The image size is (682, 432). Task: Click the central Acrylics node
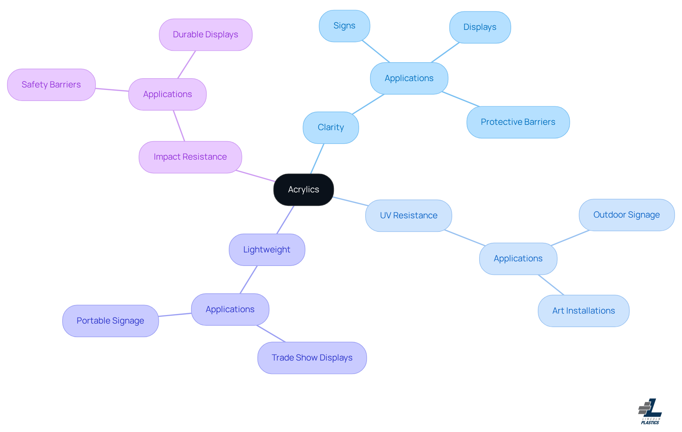(x=303, y=190)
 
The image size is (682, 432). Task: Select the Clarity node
(x=331, y=128)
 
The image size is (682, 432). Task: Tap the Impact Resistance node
(x=190, y=157)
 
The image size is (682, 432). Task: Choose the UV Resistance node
(x=408, y=215)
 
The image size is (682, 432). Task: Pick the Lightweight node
(x=267, y=250)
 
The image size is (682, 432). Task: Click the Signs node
(x=344, y=26)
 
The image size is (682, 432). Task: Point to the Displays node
(x=480, y=27)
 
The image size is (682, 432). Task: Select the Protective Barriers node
(x=518, y=122)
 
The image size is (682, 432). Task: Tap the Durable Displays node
(x=205, y=35)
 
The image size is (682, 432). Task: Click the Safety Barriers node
(x=51, y=85)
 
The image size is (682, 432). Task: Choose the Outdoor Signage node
(x=626, y=215)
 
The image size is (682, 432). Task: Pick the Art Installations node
(x=583, y=311)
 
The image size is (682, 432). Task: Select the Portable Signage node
(x=110, y=321)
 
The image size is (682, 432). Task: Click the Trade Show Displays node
(x=312, y=358)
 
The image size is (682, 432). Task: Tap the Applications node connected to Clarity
(x=409, y=78)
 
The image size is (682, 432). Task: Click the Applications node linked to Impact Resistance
(x=167, y=94)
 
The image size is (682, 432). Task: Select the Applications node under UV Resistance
(x=518, y=258)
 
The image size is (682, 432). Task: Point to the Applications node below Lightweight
(x=230, y=309)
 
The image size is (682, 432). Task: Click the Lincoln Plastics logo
(x=650, y=411)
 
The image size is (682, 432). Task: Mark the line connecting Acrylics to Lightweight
(x=285, y=220)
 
